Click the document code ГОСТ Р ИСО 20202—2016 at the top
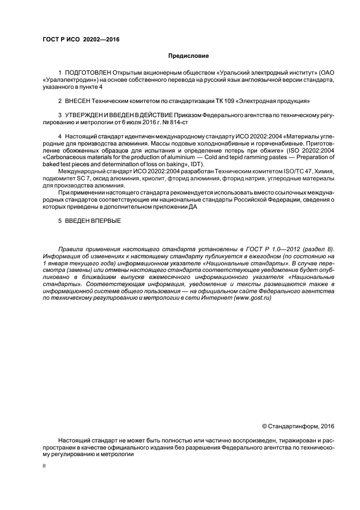81,39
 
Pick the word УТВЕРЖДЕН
83,115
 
